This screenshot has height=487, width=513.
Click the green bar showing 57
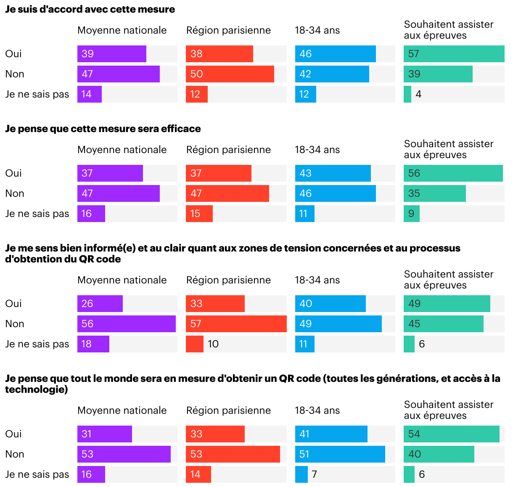(x=454, y=54)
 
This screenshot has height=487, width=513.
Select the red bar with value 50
(x=230, y=74)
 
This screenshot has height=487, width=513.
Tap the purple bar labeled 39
(x=111, y=54)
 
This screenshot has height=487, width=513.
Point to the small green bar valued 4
(x=407, y=94)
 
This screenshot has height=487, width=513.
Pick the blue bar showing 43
(x=333, y=173)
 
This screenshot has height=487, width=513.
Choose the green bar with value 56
(x=453, y=173)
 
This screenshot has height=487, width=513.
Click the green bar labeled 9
(x=411, y=214)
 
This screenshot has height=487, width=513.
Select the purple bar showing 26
(x=100, y=304)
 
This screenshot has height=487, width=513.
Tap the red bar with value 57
(x=236, y=324)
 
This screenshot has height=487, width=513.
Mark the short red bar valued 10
(x=194, y=344)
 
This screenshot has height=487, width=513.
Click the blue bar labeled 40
(x=330, y=304)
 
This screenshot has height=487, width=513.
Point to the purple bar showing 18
(x=93, y=344)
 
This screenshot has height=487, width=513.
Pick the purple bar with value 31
(x=104, y=434)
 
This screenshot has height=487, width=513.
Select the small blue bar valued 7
(x=301, y=474)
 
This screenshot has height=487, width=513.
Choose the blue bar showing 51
(x=340, y=454)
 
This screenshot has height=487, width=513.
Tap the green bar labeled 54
(x=451, y=434)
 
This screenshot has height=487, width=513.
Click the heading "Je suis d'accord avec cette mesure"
(x=90, y=9)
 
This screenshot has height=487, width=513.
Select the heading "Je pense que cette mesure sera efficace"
(x=103, y=129)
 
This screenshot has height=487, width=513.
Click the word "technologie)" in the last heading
(x=37, y=389)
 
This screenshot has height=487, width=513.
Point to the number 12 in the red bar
(x=195, y=94)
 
